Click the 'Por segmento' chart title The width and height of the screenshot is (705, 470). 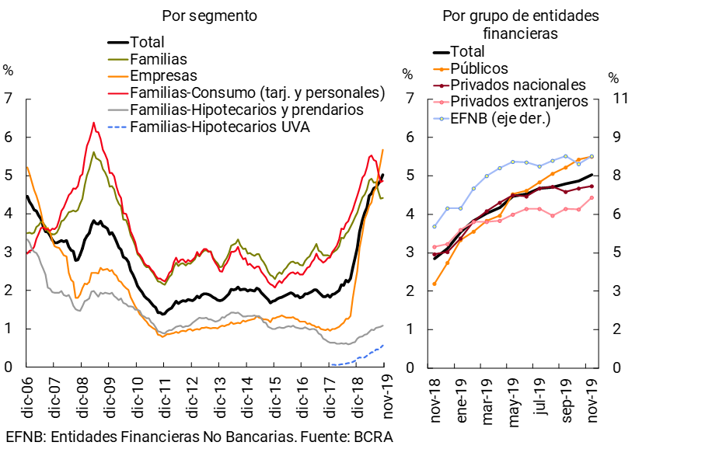209,16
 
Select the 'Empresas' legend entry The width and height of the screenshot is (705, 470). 164,75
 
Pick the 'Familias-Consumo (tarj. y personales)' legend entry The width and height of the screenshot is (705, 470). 257,92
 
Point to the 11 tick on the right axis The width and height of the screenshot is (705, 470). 617,99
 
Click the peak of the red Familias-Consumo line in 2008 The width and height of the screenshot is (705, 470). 93,123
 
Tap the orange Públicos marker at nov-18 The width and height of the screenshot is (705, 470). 435,284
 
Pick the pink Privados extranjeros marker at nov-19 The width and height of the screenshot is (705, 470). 592,197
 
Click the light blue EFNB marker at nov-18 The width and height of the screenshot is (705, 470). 435,226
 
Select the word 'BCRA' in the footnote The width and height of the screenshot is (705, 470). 373,437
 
